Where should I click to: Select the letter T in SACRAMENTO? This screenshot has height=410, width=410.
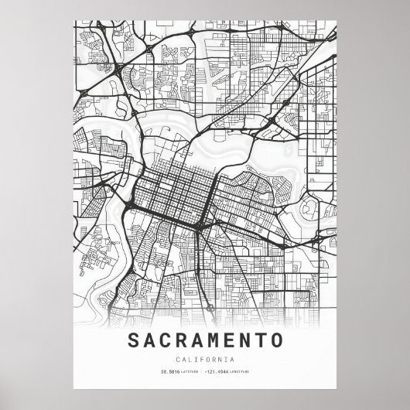(x=261, y=340)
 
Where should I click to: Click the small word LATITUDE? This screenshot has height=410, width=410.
(x=190, y=373)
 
